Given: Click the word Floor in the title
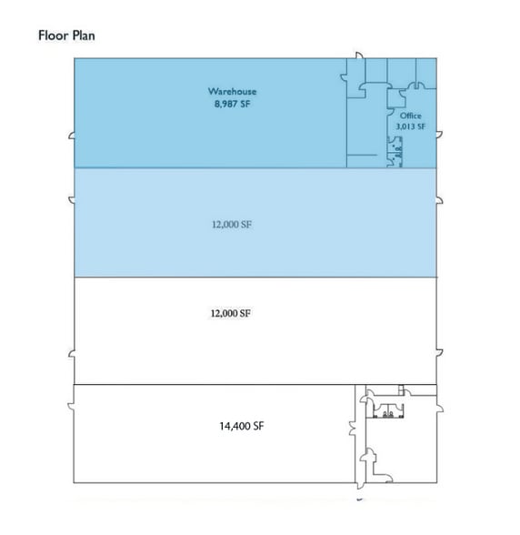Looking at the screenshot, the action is click(53, 35).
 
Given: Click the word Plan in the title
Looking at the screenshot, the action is click(84, 35).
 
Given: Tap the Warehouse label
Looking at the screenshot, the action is click(232, 91).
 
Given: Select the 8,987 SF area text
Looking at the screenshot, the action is click(232, 104).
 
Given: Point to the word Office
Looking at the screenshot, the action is click(411, 116).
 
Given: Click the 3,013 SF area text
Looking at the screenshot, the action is click(411, 126).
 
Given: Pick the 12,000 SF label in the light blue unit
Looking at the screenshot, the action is click(232, 225).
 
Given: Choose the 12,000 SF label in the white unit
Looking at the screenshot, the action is click(231, 313).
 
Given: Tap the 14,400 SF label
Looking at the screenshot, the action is click(242, 426).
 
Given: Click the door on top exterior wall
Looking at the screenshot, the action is click(359, 56).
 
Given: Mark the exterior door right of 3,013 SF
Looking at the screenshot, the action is click(439, 135).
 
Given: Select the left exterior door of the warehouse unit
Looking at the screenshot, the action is click(72, 136).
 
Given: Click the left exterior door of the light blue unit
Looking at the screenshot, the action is click(72, 200).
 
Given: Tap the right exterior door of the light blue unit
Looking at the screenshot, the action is click(439, 200).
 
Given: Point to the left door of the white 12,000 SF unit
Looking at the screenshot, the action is click(72, 354).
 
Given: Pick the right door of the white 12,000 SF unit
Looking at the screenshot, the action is click(439, 353).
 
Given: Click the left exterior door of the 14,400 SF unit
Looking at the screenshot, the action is click(71, 407).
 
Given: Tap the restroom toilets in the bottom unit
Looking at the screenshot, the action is click(388, 414).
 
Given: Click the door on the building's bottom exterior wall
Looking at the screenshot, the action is click(360, 486).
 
